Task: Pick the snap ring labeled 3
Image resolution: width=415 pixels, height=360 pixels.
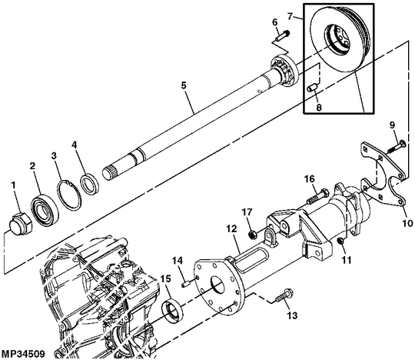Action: (69, 195)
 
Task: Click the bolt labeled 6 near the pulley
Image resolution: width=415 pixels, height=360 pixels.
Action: (282, 35)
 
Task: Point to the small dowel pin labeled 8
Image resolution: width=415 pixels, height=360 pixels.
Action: (314, 87)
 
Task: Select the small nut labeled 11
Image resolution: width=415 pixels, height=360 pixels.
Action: (341, 241)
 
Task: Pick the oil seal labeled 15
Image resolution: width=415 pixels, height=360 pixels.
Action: (172, 308)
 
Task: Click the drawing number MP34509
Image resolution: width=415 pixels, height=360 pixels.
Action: (23, 354)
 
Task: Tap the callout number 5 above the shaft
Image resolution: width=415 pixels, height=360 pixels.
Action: (184, 85)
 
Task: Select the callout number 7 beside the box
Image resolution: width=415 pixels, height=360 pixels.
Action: (290, 16)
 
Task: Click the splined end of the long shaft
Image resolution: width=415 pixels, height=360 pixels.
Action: (110, 172)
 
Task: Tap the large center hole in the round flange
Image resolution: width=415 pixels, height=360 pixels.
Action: (217, 286)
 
